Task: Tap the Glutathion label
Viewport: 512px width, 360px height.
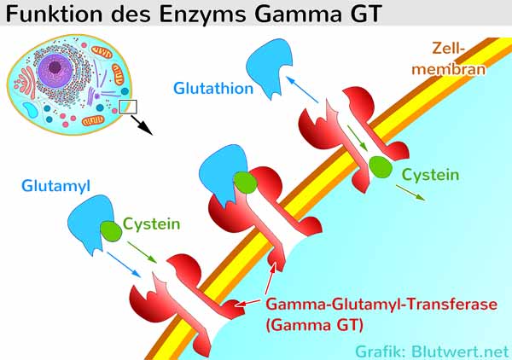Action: (x=213, y=88)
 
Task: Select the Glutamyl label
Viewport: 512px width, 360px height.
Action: (x=55, y=186)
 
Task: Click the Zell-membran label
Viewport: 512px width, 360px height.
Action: (x=449, y=59)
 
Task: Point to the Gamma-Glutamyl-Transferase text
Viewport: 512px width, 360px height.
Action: (x=381, y=305)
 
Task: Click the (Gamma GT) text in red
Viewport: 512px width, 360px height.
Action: (x=315, y=325)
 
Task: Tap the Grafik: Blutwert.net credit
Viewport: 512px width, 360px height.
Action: (x=432, y=351)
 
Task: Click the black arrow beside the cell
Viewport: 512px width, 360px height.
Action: (x=142, y=125)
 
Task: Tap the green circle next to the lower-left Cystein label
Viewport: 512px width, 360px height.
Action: (x=111, y=231)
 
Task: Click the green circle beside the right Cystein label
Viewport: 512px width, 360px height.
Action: (x=381, y=167)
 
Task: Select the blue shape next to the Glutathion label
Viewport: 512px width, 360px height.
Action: (x=268, y=66)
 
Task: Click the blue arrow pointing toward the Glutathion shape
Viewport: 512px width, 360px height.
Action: (x=301, y=89)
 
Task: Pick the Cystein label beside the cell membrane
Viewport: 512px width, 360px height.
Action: (x=430, y=175)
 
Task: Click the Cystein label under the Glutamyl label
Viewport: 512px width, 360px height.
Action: (x=152, y=224)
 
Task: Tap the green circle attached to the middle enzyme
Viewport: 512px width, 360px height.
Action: (x=246, y=182)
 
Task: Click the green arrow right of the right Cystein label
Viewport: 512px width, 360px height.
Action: (x=410, y=193)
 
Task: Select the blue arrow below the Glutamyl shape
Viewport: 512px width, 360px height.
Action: (x=124, y=264)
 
